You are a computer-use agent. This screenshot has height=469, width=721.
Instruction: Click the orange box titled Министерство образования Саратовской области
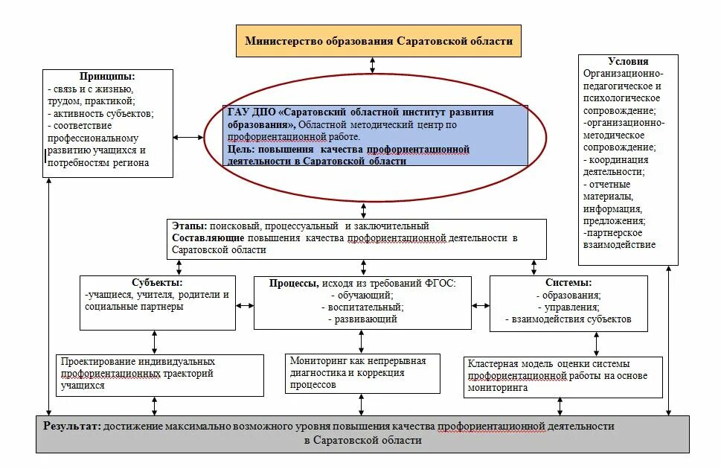click(x=379, y=41)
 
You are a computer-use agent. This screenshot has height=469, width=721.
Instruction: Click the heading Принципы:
click(x=107, y=77)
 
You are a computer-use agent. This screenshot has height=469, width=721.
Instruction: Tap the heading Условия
click(x=628, y=62)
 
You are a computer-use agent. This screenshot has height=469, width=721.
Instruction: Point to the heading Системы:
click(x=568, y=283)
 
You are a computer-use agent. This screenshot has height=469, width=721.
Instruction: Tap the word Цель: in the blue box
click(x=241, y=150)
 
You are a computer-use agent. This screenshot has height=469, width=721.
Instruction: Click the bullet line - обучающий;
click(x=362, y=295)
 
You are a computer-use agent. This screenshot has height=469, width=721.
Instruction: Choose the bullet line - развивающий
click(x=362, y=319)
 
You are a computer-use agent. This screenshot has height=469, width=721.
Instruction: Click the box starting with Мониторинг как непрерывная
click(x=362, y=372)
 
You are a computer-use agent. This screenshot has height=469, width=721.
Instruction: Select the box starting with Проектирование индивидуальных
click(x=161, y=374)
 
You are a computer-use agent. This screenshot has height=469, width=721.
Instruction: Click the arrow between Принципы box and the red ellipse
click(x=188, y=137)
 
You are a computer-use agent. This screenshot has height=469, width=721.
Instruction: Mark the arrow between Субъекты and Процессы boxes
click(x=242, y=304)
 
